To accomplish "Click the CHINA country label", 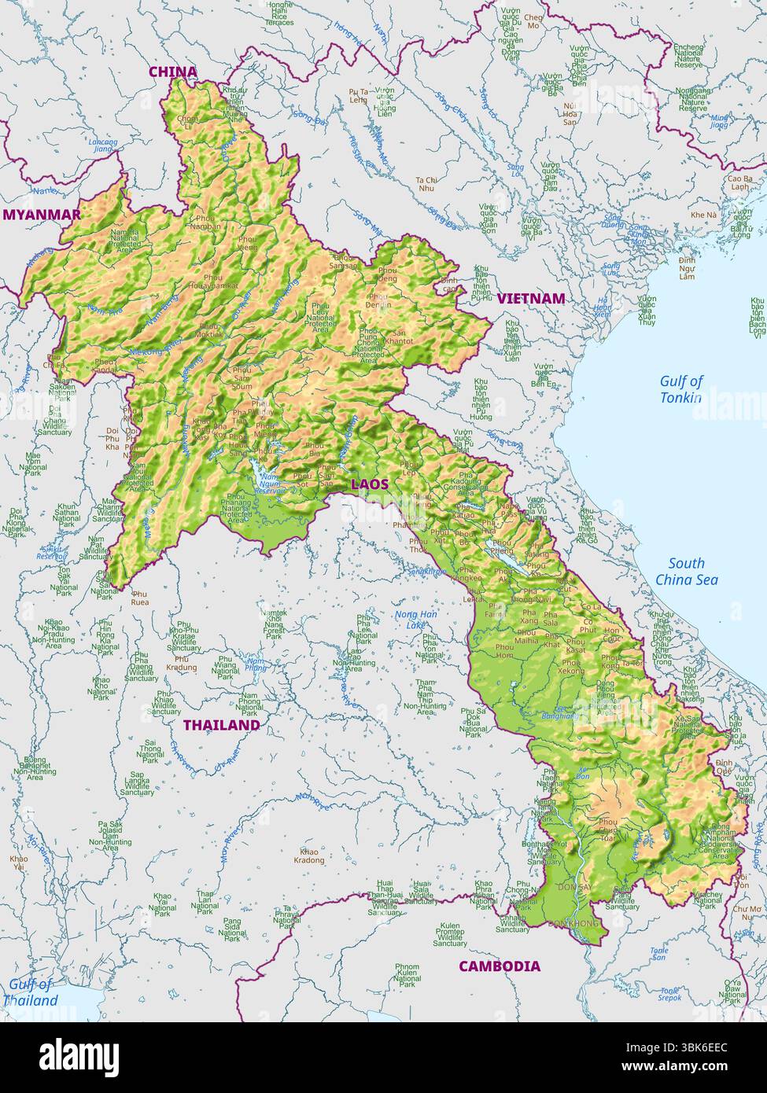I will pyautogui.click(x=173, y=72).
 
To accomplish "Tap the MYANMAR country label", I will pyautogui.click(x=42, y=215).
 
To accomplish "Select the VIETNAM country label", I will pyautogui.click(x=530, y=299).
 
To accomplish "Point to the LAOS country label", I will pyautogui.click(x=370, y=484).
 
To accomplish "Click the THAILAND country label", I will pyautogui.click(x=221, y=725).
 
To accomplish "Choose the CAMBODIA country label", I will pyautogui.click(x=500, y=966).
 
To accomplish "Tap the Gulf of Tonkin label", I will pyautogui.click(x=680, y=389).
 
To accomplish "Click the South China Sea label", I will pyautogui.click(x=687, y=572).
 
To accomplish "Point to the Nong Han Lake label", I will pyautogui.click(x=416, y=620).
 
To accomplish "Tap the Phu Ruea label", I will pyautogui.click(x=141, y=598).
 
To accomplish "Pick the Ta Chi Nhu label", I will pyautogui.click(x=426, y=183).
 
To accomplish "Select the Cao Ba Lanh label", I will pyautogui.click(x=740, y=182).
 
